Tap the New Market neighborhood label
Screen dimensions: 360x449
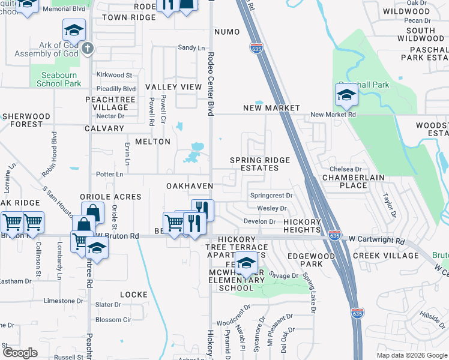pyautogui.click(x=271, y=108)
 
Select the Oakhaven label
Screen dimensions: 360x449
pyautogui.click(x=190, y=186)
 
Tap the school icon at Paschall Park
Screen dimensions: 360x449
pyautogui.click(x=346, y=95)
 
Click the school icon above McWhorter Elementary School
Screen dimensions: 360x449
pyautogui.click(x=246, y=262)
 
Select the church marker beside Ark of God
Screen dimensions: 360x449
pyautogui.click(x=88, y=48)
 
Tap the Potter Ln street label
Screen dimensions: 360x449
pyautogui.click(x=110, y=174)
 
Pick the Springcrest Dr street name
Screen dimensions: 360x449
pyautogui.click(x=271, y=196)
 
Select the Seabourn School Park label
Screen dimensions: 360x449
pyautogui.click(x=59, y=79)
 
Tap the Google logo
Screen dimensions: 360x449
pyautogui.click(x=20, y=352)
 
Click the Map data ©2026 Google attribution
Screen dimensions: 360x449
pyautogui.click(x=411, y=355)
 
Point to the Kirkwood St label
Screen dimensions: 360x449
pyautogui.click(x=114, y=75)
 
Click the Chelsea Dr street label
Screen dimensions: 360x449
pyautogui.click(x=345, y=170)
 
